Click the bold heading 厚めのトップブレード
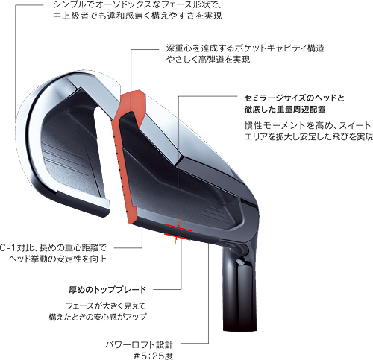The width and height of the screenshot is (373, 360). pyautogui.click(x=107, y=290)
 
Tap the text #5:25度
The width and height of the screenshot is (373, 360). pyautogui.click(x=153, y=356)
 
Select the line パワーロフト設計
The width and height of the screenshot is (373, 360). pyautogui.click(x=139, y=344)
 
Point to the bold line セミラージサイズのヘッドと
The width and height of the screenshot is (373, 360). pyautogui.click(x=294, y=98)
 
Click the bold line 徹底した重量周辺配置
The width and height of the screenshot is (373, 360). pyautogui.click(x=285, y=109)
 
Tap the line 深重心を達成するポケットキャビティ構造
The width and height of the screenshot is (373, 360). pyautogui.click(x=245, y=48)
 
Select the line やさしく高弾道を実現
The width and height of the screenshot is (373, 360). pyautogui.click(x=208, y=60)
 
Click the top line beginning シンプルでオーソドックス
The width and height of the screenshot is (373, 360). pyautogui.click(x=137, y=4)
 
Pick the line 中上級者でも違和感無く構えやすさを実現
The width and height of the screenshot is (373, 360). pyautogui.click(x=137, y=16)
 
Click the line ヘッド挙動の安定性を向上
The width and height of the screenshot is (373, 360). pyautogui.click(x=57, y=259)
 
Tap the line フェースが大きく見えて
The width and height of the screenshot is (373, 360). pyautogui.click(x=106, y=306)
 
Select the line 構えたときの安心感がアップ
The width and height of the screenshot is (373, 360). pyautogui.click(x=98, y=317)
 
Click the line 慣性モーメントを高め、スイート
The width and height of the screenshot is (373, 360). pyautogui.click(x=308, y=125)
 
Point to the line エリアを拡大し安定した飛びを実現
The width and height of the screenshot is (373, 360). pyautogui.click(x=309, y=137)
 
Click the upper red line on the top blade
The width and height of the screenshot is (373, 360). pyautogui.click(x=178, y=227)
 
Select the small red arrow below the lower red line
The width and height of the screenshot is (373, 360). pyautogui.click(x=176, y=241)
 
